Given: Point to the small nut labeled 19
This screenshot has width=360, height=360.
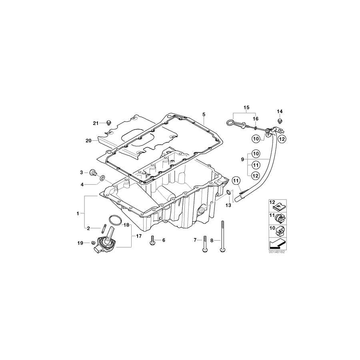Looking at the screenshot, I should pyautogui.click(x=92, y=242).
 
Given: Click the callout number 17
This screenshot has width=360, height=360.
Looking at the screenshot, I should pyautogui.click(x=138, y=236).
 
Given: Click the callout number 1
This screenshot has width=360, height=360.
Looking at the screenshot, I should pyautogui.click(x=78, y=214).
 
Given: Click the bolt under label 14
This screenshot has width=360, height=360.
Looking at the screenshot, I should pyautogui.click(x=280, y=120).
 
